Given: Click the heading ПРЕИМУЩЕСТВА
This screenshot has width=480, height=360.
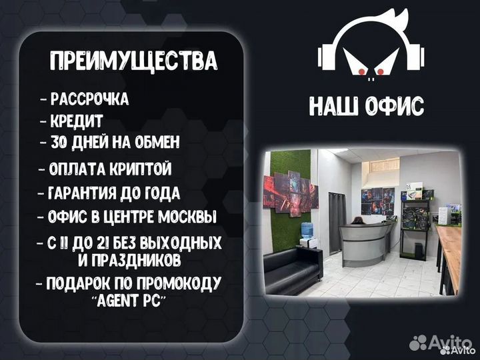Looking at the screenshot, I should point(134,61).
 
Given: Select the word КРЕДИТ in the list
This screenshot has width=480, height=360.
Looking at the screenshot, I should point(77,121).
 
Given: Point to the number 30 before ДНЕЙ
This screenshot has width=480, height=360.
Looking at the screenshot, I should point(59,143).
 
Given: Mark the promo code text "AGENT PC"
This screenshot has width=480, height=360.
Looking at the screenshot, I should point(131,300).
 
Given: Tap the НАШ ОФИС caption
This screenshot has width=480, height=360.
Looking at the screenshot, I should point(366,106).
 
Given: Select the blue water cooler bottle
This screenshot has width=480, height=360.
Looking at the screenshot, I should point(308,229).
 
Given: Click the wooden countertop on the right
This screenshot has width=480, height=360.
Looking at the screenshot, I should point(451,249).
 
